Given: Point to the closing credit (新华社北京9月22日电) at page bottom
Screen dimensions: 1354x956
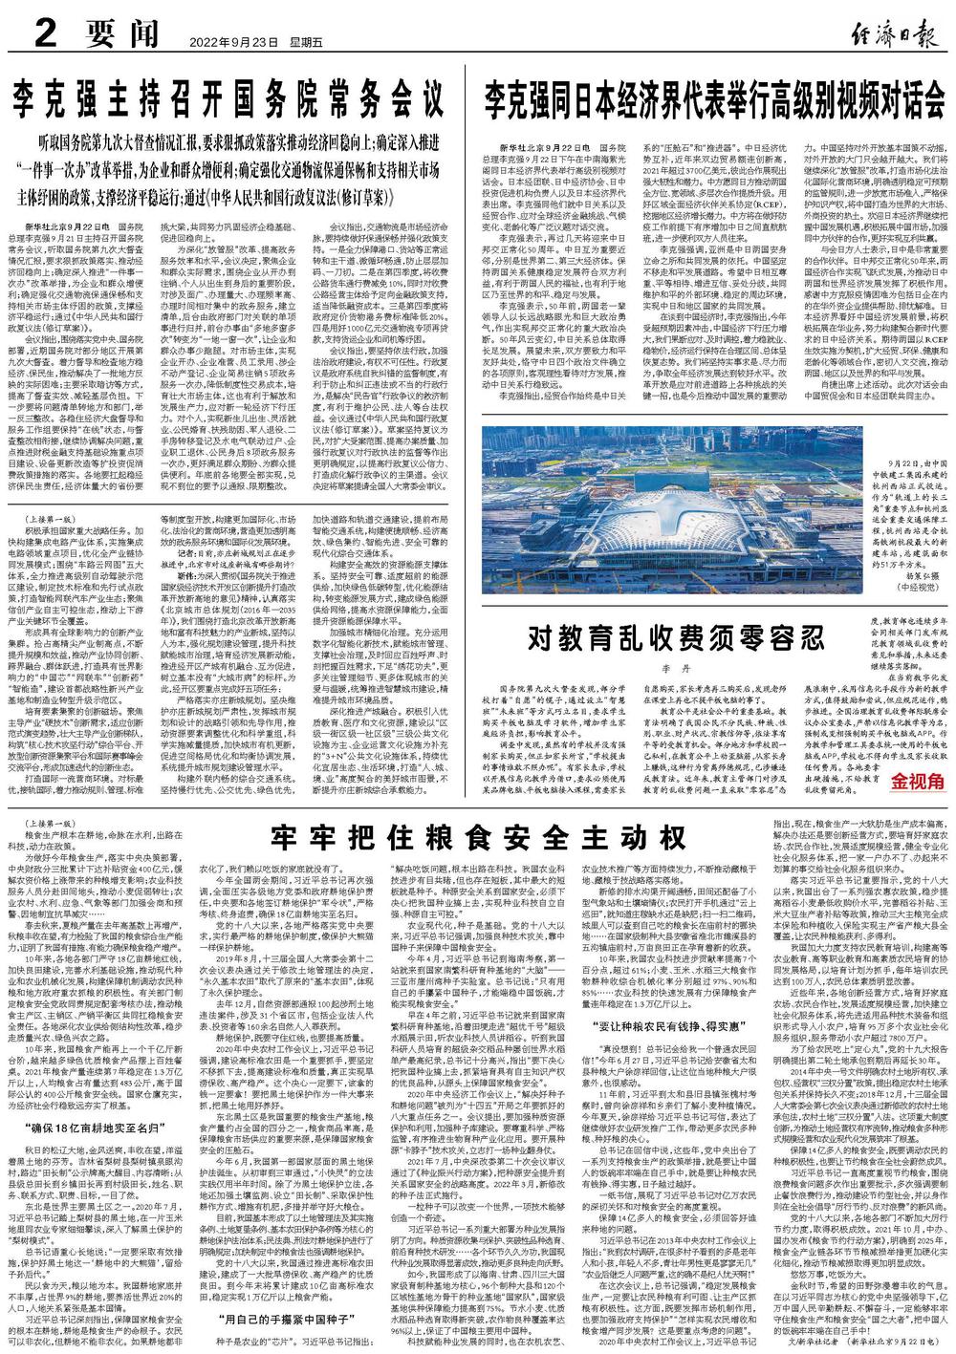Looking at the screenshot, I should (x=894, y=1343).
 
